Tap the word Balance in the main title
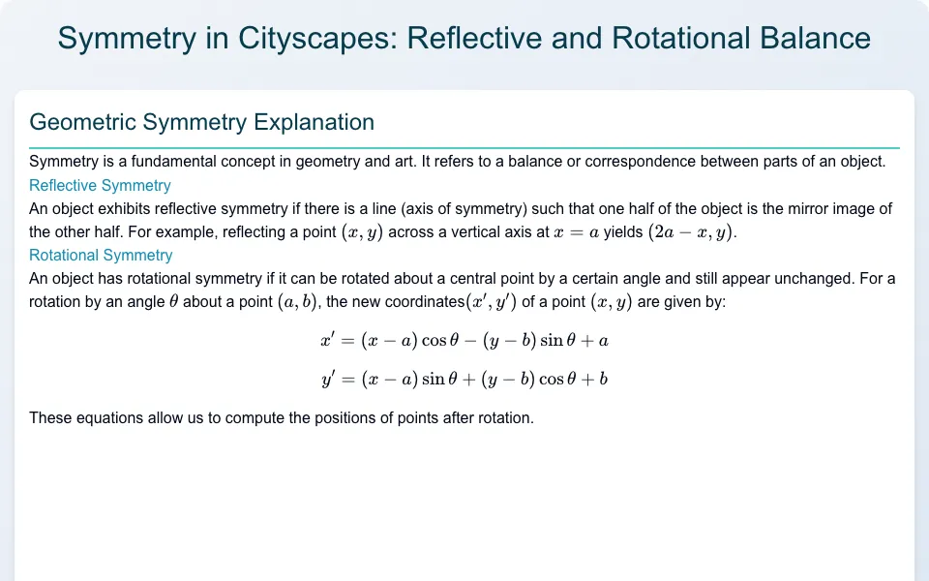tap(815, 38)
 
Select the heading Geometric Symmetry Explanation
tap(201, 122)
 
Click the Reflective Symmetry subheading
tap(100, 186)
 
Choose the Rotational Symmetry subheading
tap(101, 255)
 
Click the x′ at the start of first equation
tap(328, 340)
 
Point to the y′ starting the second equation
tap(328, 379)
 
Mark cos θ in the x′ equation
tap(440, 340)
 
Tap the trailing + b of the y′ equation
tap(595, 379)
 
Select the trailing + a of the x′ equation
tap(596, 341)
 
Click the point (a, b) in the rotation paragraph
tap(297, 302)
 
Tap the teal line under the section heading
tap(464, 147)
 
